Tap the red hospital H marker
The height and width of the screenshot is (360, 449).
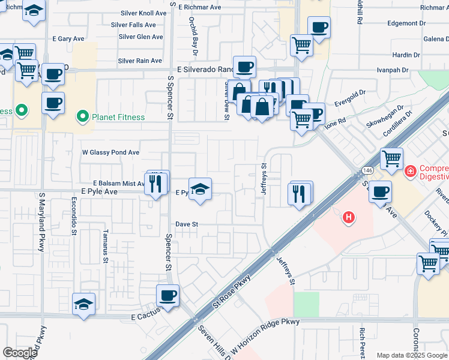[x=348, y=217]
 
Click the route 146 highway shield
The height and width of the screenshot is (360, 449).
[x=368, y=171]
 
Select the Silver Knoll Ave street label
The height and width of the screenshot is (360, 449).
[x=143, y=13]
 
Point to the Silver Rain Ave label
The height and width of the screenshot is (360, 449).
[x=139, y=61]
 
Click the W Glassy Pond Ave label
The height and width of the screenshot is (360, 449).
[x=110, y=152]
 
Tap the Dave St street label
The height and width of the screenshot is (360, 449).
[x=187, y=224]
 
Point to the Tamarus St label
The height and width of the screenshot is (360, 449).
[x=105, y=246]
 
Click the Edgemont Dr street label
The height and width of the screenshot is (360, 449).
[x=406, y=23]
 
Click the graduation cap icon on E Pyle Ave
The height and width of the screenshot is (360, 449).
[x=200, y=188]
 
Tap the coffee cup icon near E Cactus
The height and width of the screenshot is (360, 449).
[x=167, y=295]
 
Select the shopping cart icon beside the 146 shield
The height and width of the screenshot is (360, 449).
[x=391, y=159]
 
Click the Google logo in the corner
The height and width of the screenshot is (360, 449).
[x=20, y=352]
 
